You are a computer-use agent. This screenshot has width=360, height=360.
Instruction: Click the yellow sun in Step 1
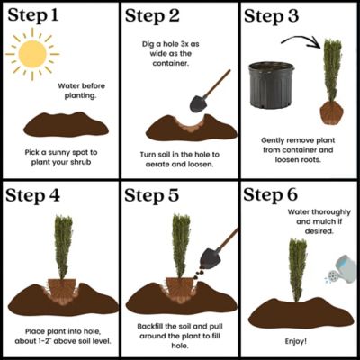[31, 55]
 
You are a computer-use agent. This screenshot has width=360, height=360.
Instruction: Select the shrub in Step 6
[297, 270]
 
